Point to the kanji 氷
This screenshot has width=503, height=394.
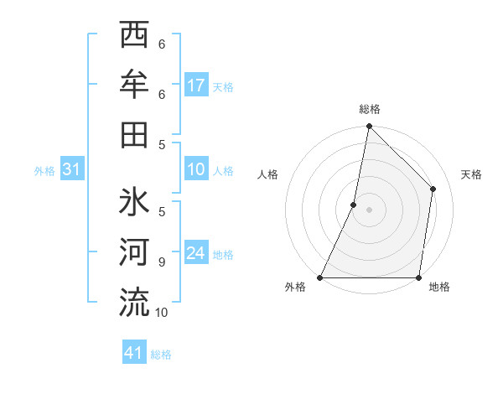(x=134, y=205)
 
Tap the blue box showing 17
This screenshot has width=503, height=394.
(x=196, y=86)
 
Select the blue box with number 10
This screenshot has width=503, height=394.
(x=196, y=170)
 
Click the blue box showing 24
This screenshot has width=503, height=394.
(x=196, y=253)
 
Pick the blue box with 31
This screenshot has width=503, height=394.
(x=72, y=170)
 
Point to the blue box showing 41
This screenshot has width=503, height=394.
(x=134, y=353)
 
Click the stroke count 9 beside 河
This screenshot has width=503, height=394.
(x=162, y=262)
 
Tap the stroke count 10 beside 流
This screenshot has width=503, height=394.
(x=162, y=313)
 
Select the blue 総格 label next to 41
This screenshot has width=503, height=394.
(x=161, y=355)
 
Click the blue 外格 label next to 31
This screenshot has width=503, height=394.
(x=44, y=171)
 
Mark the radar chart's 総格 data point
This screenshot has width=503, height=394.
(x=369, y=127)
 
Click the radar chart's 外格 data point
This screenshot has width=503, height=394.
(x=320, y=277)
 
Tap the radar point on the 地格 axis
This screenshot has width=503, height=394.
(x=418, y=277)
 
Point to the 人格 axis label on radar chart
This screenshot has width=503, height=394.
(x=268, y=174)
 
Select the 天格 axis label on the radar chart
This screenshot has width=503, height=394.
(x=472, y=174)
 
